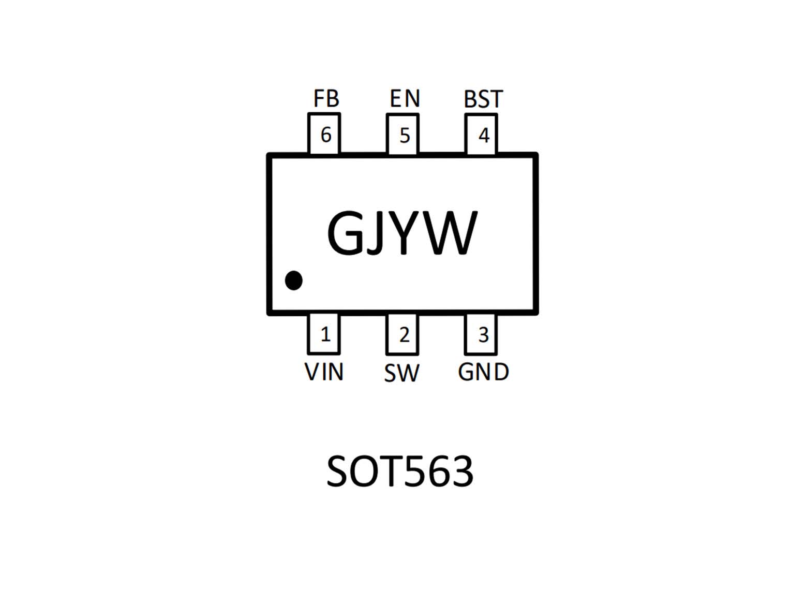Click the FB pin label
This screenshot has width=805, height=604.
point(326,99)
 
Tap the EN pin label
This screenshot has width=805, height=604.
point(405,98)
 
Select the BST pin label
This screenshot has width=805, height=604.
point(483,99)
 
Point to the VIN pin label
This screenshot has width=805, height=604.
point(324,372)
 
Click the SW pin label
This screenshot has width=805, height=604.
point(401,373)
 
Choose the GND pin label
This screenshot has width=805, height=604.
point(483,372)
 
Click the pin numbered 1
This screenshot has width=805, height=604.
point(324,334)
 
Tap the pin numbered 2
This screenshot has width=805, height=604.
point(402,334)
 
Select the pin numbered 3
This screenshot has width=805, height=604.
point(481,334)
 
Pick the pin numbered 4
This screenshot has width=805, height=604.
point(481,134)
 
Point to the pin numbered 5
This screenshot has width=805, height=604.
point(402,134)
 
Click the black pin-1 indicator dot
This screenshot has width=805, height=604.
point(294,281)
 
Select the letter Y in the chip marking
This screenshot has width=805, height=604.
point(404,233)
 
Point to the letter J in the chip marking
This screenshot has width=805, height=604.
point(374,233)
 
